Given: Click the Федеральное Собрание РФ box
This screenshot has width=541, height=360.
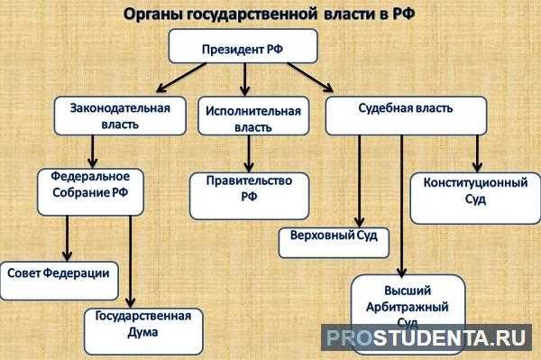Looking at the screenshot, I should [x=91, y=189].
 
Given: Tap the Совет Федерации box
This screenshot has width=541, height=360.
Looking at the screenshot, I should [x=60, y=274].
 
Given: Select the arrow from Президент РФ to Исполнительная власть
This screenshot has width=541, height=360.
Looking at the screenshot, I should [x=244, y=79].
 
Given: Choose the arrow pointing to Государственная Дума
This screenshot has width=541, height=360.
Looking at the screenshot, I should [x=132, y=262].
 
